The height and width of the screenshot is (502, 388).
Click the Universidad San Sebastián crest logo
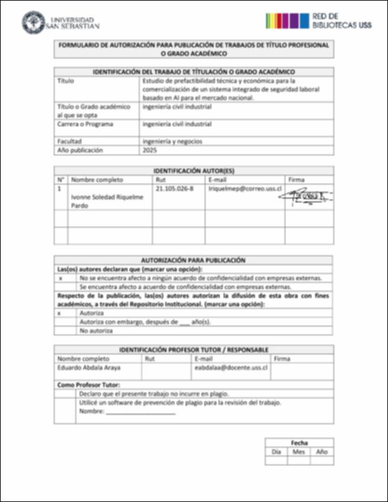(33, 23)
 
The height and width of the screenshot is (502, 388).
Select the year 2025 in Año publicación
(150, 151)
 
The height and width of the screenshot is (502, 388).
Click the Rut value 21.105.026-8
(174, 189)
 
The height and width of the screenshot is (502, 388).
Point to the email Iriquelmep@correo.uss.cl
(245, 189)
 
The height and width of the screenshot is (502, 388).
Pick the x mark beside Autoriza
(60, 313)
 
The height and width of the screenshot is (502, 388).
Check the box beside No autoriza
(63, 331)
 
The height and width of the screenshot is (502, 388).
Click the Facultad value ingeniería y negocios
(172, 141)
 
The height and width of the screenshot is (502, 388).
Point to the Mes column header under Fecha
(299, 452)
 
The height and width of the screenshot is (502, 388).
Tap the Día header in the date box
(276, 452)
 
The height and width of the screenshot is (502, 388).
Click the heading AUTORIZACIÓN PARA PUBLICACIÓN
(193, 260)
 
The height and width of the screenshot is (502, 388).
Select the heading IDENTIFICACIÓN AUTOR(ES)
(193, 171)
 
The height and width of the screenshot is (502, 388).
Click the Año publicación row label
(80, 151)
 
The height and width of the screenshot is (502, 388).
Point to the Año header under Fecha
(321, 452)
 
